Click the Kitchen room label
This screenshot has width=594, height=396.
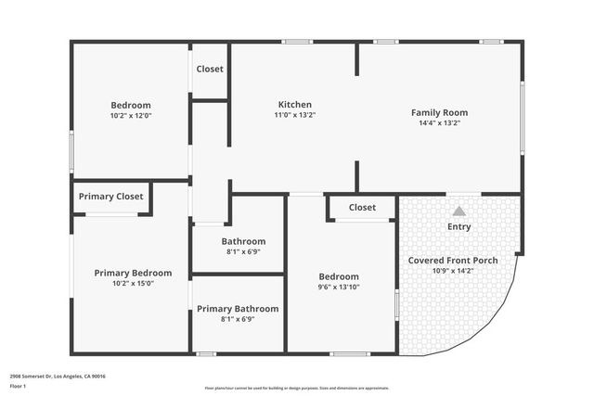pyautogui.click(x=295, y=104)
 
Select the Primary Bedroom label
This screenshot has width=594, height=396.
pyautogui.click(x=133, y=273)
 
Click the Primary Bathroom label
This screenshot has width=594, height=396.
pyautogui.click(x=238, y=309)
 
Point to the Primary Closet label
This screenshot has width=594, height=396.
pyautogui.click(x=110, y=197)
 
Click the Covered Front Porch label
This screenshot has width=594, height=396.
pyautogui.click(x=453, y=261)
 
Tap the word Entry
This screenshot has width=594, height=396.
pyautogui.click(x=459, y=226)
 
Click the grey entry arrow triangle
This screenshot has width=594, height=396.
pyautogui.click(x=458, y=211)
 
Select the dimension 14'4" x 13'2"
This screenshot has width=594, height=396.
pyautogui.click(x=440, y=122)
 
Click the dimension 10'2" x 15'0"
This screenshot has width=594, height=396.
pyautogui.click(x=133, y=284)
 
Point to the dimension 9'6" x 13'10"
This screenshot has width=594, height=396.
pyautogui.click(x=339, y=287)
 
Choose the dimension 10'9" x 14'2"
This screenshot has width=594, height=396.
pyautogui.click(x=453, y=271)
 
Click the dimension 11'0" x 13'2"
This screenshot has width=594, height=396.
pyautogui.click(x=295, y=115)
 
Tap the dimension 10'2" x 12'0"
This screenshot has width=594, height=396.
pyautogui.click(x=131, y=117)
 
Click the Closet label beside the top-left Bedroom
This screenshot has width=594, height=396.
pyautogui.click(x=210, y=69)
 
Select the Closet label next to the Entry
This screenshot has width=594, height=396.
pyautogui.click(x=362, y=208)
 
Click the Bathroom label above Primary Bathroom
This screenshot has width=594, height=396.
pyautogui.click(x=243, y=241)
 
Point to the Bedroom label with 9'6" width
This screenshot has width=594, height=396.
pyautogui.click(x=339, y=276)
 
